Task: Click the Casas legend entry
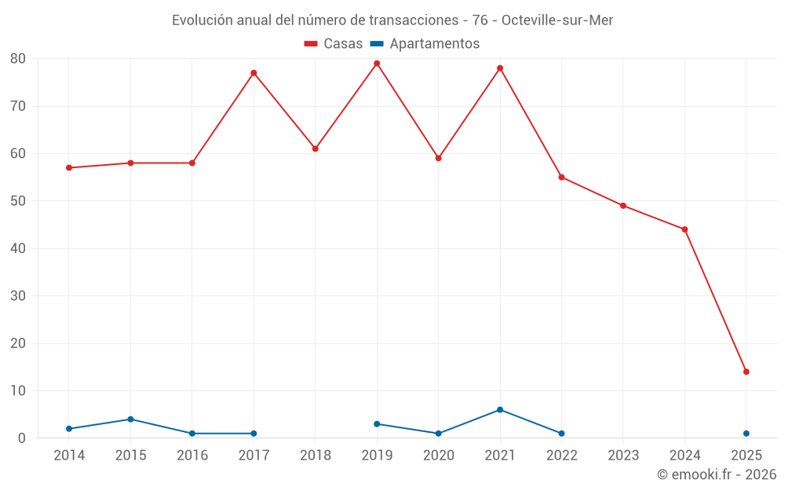click(334, 44)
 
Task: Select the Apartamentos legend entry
click(425, 44)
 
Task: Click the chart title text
click(392, 20)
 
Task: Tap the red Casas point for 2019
click(377, 64)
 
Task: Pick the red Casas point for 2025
click(747, 372)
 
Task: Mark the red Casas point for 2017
click(254, 73)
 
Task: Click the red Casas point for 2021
click(500, 68)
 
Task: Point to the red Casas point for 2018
click(316, 148)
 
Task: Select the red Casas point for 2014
click(69, 168)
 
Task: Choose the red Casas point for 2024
click(685, 229)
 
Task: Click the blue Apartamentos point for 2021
click(500, 410)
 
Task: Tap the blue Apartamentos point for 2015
click(130, 420)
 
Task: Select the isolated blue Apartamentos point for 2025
click(747, 434)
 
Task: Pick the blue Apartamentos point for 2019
click(377, 424)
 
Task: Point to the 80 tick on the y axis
click(18, 59)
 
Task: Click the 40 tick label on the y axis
click(18, 249)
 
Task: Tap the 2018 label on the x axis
click(316, 456)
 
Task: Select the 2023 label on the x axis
click(623, 456)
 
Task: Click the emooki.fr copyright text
click(716, 475)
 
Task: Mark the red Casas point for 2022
click(561, 178)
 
